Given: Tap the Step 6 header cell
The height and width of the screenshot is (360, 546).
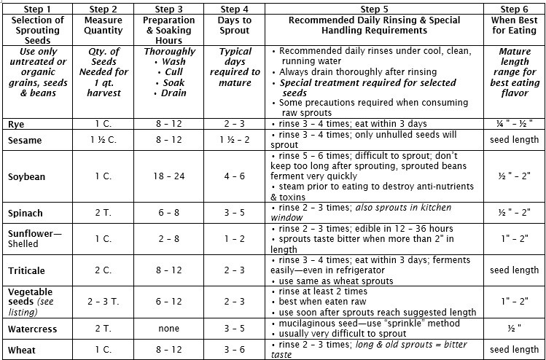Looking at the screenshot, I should pos(515,8).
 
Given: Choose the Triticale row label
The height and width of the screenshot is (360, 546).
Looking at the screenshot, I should pos(26,270).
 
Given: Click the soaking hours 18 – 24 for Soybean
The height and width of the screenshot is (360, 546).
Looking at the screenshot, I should pos(168,176).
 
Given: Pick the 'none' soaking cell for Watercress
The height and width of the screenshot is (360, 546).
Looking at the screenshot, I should pos(168,328).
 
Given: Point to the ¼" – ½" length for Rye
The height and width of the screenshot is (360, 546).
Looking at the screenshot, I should pos(515,124).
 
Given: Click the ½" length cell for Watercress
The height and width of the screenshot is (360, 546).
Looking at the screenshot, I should pos(515,328).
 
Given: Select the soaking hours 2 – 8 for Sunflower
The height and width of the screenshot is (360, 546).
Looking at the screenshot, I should pos(168,238).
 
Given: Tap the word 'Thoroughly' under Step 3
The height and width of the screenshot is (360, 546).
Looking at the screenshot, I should pos(168,52).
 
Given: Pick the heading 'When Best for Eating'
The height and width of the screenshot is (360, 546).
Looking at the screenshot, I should pos(515,25).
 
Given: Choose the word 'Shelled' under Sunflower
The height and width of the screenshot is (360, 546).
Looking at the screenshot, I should pos(23,244).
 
